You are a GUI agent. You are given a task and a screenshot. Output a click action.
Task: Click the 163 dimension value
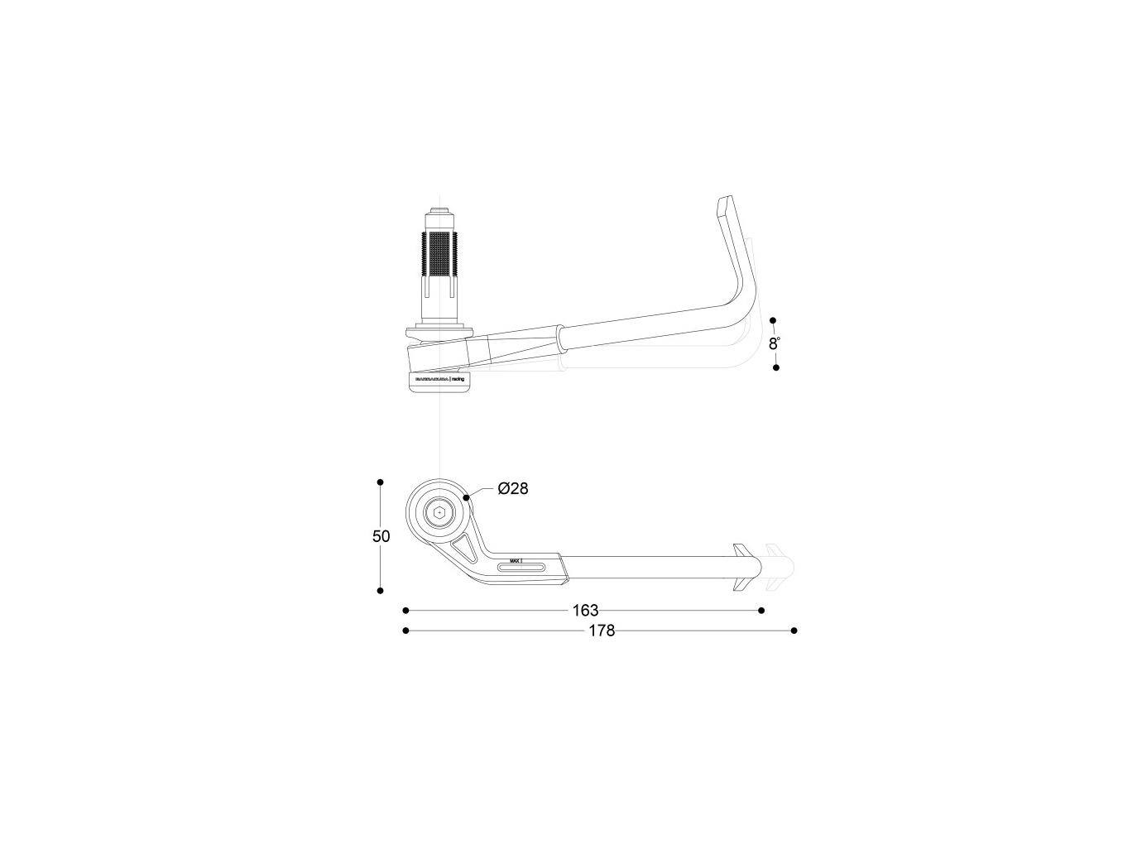tap(585, 611)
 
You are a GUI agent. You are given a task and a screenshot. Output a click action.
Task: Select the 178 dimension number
tap(602, 631)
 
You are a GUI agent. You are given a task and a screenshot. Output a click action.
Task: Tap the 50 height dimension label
tap(381, 536)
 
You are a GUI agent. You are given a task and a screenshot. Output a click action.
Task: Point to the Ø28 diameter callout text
tap(513, 488)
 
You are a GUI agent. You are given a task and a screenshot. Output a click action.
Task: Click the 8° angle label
tap(774, 343)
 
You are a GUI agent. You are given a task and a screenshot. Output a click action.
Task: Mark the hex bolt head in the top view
tap(439, 513)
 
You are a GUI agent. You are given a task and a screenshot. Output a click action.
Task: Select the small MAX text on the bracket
tap(515, 560)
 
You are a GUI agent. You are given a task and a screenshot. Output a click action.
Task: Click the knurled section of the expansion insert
tap(439, 254)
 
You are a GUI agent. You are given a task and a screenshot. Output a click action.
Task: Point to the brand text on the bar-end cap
tap(439, 378)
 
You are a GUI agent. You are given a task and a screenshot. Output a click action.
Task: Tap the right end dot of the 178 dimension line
tap(794, 631)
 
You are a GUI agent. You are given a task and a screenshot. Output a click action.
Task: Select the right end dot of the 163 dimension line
tap(761, 611)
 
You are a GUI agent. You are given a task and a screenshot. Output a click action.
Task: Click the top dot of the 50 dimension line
tap(380, 482)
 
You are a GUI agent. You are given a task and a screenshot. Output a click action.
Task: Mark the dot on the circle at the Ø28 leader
tap(467, 497)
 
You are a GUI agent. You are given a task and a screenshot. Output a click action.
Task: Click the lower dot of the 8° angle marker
tap(775, 367)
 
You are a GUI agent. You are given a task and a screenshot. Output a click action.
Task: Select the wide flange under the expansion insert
tap(439, 333)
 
